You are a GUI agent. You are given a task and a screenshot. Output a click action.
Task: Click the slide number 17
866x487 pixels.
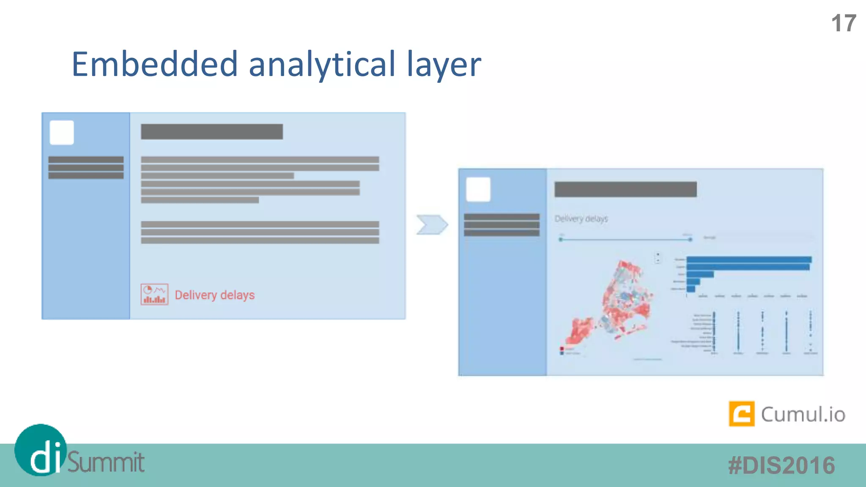(844, 23)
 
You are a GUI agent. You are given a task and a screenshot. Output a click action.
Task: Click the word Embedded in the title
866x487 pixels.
(155, 64)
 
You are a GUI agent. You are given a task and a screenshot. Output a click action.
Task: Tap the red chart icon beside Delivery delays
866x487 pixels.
(154, 294)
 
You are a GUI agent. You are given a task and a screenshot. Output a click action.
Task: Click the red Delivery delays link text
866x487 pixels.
(215, 295)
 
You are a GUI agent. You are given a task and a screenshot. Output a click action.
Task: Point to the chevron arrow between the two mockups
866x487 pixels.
(432, 224)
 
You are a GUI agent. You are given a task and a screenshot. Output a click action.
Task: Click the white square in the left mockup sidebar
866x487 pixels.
(62, 133)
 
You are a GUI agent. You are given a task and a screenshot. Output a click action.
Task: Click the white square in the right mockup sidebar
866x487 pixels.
(478, 189)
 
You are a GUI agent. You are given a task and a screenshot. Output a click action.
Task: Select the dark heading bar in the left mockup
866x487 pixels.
(212, 131)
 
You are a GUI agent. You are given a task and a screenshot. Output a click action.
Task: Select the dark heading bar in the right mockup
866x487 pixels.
(625, 189)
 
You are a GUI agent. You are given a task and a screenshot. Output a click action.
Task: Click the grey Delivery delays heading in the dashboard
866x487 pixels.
(581, 219)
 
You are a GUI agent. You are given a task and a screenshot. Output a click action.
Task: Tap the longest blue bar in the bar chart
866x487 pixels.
(749, 260)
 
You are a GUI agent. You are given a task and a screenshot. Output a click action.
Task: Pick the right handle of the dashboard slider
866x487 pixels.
(690, 240)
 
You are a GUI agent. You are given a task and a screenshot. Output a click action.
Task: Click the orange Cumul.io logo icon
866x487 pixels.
(741, 414)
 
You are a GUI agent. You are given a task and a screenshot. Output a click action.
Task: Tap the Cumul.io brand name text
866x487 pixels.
(803, 414)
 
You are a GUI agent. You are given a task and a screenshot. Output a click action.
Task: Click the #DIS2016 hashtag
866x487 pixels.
(781, 465)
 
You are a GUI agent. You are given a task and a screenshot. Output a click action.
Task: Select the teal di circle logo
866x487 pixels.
(41, 450)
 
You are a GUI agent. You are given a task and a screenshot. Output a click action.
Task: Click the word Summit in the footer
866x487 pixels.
(106, 462)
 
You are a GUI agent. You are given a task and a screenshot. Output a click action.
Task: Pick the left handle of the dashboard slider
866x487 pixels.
(561, 240)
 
